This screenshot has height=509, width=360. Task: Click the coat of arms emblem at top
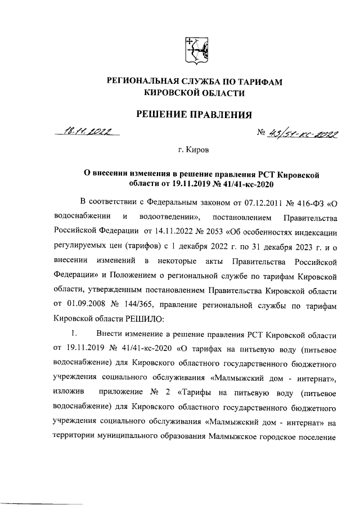tap(195, 51)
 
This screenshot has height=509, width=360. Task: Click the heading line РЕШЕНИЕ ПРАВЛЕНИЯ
tap(195, 115)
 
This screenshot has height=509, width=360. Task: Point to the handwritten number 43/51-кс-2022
tap(304, 134)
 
